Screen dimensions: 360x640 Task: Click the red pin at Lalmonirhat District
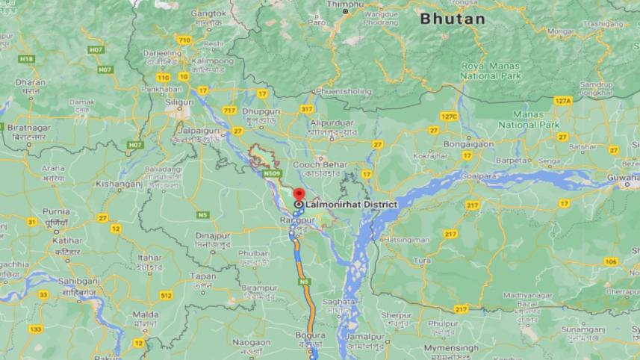(299, 193)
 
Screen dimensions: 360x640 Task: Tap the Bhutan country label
(452, 19)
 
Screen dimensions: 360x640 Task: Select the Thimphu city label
(346, 4)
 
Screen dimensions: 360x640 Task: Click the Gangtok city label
(208, 13)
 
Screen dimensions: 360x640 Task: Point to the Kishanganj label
(119, 182)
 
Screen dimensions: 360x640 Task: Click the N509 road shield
(272, 174)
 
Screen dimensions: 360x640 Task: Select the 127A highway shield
(562, 100)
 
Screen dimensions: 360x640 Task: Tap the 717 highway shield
(229, 111)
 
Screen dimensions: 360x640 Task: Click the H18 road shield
(27, 58)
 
